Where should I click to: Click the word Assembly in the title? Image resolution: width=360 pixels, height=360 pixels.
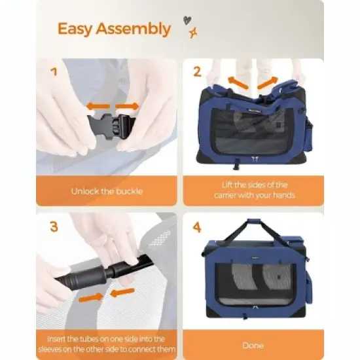coord(134,29)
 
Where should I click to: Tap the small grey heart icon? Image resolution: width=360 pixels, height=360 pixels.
coord(187,20)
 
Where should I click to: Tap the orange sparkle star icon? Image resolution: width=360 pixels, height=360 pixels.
coord(193,33)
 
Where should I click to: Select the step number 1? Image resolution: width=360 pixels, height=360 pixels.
coord(54,72)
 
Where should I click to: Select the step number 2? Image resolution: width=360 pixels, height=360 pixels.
coord(197,71)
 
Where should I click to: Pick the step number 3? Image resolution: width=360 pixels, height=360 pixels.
coord(54,226)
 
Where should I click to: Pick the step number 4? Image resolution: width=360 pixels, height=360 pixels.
coord(197,227)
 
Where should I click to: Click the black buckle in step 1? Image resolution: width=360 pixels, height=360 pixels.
coord(111,125)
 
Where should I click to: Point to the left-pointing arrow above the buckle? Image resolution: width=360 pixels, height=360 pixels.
coord(98,106)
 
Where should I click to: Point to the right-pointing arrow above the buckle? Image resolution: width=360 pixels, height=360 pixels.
coord(127,106)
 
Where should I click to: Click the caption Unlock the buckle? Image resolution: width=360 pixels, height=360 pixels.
coord(107,191)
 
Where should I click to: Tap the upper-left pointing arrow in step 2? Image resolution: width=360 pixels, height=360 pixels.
coord(238,83)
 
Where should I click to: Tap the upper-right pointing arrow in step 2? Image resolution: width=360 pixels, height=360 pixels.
coord(268,83)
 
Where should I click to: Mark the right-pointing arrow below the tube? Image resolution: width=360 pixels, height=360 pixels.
coord(91,298)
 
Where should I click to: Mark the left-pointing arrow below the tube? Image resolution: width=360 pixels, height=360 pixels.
coord(122,293)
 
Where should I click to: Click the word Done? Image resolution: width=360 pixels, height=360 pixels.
coord(253,346)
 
